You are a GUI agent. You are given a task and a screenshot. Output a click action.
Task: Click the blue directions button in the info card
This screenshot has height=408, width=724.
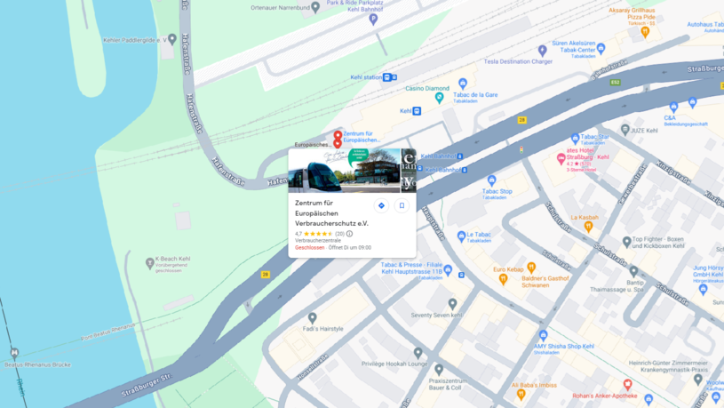pos(381,205)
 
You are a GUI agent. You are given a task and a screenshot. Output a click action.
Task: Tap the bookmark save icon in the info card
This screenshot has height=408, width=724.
pos(402,205)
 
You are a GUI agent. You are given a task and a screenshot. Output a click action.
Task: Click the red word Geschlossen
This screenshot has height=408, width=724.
pos(310,248)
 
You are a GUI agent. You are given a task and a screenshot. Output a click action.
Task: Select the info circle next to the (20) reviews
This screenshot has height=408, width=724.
pos(350,234)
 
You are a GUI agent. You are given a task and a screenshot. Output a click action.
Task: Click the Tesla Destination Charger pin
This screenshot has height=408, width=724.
pos(542,52)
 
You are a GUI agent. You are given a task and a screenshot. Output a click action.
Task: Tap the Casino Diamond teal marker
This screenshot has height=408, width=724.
pos(439,99)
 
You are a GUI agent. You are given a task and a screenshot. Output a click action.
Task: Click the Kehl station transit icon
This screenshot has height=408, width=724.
pos(387,78)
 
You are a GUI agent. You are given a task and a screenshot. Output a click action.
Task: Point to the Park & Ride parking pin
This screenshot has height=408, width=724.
pos(373,19)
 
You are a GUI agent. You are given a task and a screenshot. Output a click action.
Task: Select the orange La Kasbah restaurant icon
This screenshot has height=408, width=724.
pos(588,227)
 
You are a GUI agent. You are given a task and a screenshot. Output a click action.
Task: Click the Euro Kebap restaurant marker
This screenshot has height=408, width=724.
pos(531,267)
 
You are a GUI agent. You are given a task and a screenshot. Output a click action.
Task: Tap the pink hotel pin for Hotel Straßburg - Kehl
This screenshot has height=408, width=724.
pos(561,160)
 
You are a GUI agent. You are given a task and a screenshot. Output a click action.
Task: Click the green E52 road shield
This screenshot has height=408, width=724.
pos(615,83)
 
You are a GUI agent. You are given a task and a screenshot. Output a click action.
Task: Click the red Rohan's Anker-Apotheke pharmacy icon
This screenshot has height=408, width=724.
pos(628,385)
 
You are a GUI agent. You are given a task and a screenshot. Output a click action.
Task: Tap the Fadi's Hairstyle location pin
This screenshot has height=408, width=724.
pos(312,317)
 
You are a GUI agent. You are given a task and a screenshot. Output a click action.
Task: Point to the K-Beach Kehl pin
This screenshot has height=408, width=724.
pos(149,263)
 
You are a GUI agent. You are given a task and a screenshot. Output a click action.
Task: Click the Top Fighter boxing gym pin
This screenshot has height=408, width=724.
pos(627,241)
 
